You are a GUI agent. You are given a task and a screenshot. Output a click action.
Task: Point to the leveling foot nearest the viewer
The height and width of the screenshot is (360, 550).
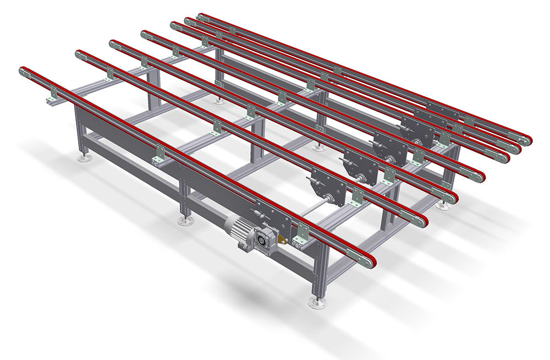point(316,302)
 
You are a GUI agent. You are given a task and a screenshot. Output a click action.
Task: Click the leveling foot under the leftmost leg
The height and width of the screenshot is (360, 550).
point(84,159)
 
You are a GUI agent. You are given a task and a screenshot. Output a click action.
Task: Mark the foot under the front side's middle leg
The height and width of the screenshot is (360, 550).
point(185,221)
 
